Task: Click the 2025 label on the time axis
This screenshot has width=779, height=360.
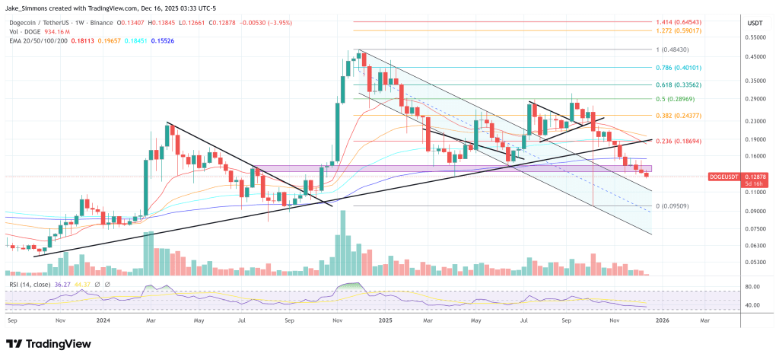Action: click(385, 321)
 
